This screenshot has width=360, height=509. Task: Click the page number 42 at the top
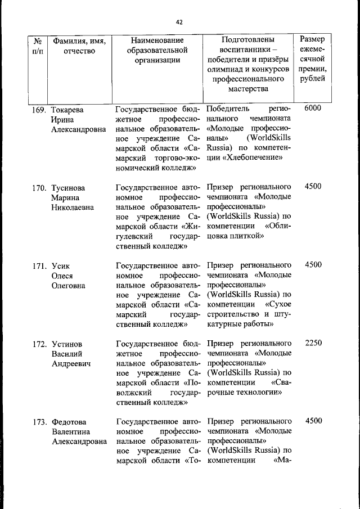click(179, 22)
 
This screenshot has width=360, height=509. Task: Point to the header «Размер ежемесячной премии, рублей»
click(312, 58)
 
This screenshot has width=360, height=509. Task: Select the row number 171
click(38, 265)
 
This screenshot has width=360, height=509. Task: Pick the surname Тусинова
click(69, 187)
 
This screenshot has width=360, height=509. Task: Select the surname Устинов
click(67, 343)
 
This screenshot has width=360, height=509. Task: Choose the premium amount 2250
click(312, 343)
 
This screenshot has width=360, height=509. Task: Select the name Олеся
click(63, 276)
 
